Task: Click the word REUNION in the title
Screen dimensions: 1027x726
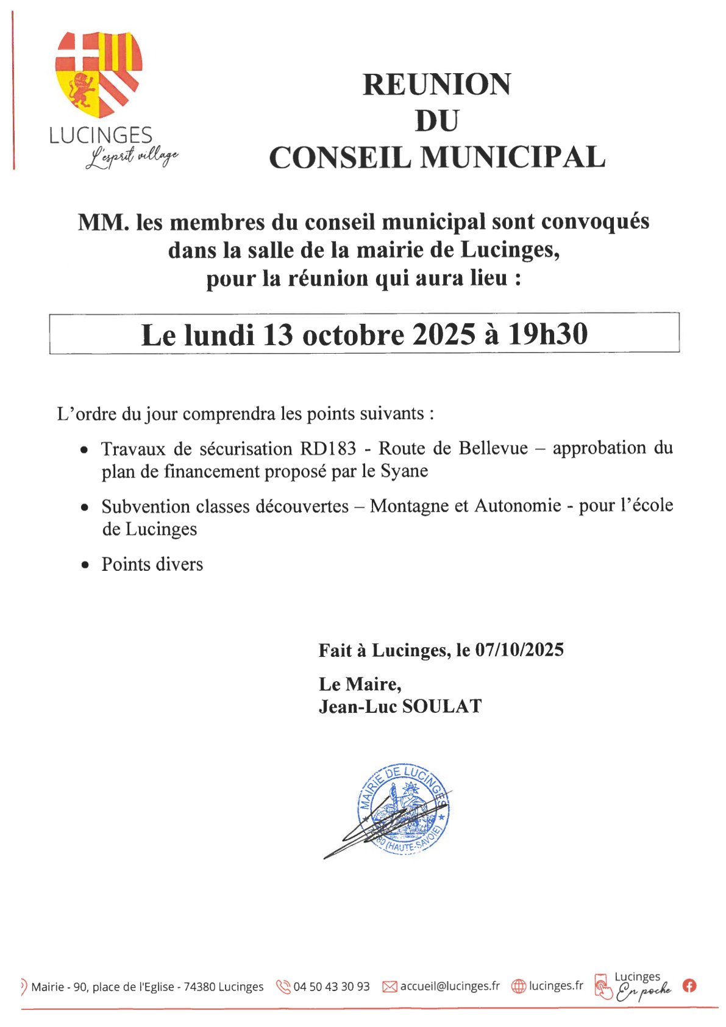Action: [436, 84]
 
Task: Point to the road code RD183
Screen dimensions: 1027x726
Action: [328, 448]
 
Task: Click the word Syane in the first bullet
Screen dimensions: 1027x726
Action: [404, 471]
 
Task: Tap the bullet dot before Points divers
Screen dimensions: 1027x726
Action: [85, 565]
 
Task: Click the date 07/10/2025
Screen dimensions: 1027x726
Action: [519, 650]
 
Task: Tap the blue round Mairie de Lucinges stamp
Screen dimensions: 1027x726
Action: [404, 808]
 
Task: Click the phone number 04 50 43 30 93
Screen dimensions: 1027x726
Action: [331, 987]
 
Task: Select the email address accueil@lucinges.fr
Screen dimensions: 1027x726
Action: [449, 986]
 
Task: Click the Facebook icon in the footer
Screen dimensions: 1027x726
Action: [689, 986]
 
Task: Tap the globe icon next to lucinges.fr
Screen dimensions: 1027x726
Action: [518, 986]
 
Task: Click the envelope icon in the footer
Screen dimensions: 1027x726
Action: [390, 987]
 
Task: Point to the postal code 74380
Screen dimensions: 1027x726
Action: [199, 987]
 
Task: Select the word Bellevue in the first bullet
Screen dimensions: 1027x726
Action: [493, 448]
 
